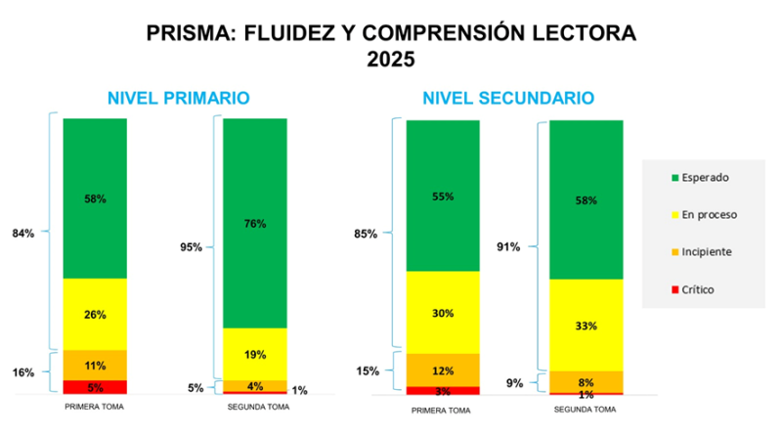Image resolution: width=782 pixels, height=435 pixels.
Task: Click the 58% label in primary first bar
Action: pos(95,198)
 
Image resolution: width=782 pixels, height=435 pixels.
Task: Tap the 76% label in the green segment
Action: pos(255,224)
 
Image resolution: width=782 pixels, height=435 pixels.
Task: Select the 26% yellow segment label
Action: pos(95,315)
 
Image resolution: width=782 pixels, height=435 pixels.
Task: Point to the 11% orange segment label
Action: pos(95,366)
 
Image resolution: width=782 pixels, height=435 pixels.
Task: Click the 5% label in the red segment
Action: pos(95,387)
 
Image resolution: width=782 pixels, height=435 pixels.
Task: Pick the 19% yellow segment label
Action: pos(255,355)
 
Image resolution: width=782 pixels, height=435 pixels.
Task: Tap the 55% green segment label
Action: pos(443,196)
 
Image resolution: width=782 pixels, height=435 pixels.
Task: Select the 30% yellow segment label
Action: pos(443,313)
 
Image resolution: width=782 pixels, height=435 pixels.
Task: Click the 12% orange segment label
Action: pos(443,370)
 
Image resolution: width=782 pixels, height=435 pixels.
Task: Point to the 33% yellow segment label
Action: pos(586,326)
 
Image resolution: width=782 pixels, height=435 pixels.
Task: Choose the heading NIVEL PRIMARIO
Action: pos(178,99)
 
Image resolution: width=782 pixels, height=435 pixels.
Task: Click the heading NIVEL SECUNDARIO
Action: pos(507,99)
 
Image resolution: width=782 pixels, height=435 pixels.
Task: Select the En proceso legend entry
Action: pos(703,215)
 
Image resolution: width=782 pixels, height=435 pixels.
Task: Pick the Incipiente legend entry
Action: pos(702,252)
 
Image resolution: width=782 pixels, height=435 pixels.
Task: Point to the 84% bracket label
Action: pos(23,234)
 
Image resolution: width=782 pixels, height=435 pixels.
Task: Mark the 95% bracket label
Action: pos(191,247)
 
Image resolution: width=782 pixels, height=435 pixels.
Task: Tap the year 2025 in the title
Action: pos(391,60)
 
